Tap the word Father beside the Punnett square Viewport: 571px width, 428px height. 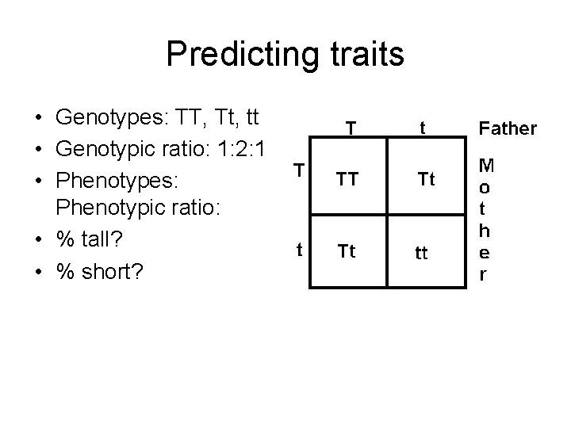pos(507,128)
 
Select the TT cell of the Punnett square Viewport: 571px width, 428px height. pos(346,180)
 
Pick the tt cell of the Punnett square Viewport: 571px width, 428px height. pos(422,254)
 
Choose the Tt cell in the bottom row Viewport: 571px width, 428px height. pos(346,252)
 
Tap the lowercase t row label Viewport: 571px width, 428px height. pos(298,248)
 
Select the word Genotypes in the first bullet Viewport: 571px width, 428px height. pos(105,118)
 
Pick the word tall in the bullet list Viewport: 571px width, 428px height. pos(111,239)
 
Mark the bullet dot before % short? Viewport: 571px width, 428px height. pos(38,270)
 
